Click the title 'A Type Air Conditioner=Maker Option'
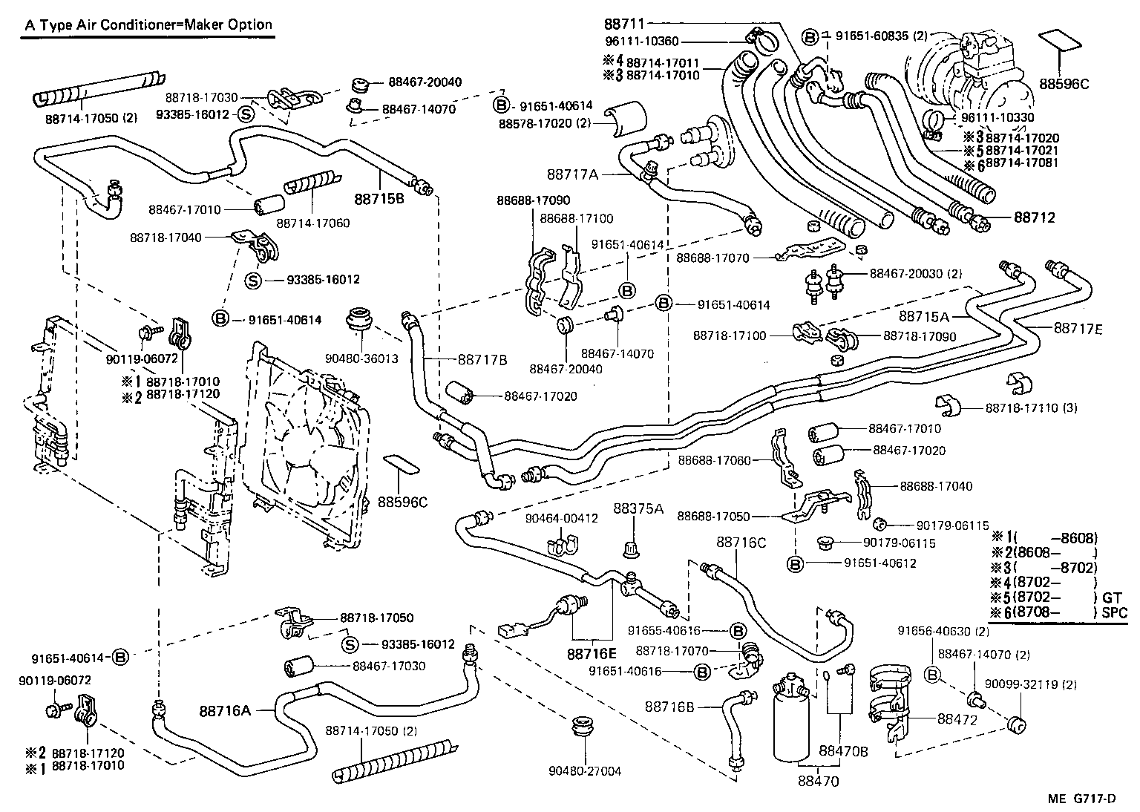point(148,24)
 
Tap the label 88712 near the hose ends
point(1034,218)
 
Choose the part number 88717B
point(482,360)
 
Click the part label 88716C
point(741,543)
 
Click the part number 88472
point(957,719)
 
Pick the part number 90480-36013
point(361,358)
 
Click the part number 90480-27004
point(584,771)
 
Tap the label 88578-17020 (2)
point(544,123)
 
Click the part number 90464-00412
point(561,518)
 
